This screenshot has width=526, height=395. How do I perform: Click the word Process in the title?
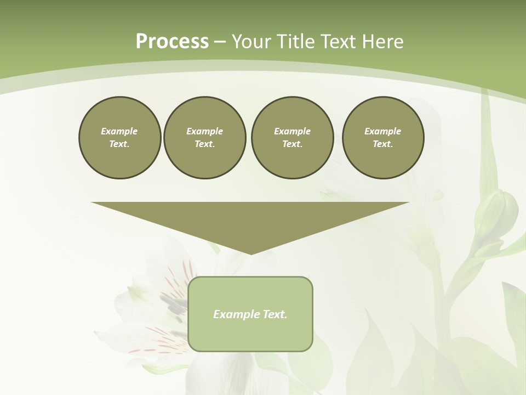click(172, 41)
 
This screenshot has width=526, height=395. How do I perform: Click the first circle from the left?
click(119, 138)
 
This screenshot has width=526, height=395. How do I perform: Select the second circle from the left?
click(204, 138)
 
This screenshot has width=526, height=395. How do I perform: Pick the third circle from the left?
click(292, 138)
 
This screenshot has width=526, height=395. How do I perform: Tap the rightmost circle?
click(383, 138)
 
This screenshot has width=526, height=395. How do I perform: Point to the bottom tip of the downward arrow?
click(250, 254)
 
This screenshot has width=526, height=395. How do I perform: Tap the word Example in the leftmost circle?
click(119, 131)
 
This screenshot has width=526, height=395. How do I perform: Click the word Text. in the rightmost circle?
click(383, 144)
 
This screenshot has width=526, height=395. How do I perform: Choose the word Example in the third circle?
click(292, 131)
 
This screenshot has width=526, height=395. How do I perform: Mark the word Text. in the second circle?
click(204, 144)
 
